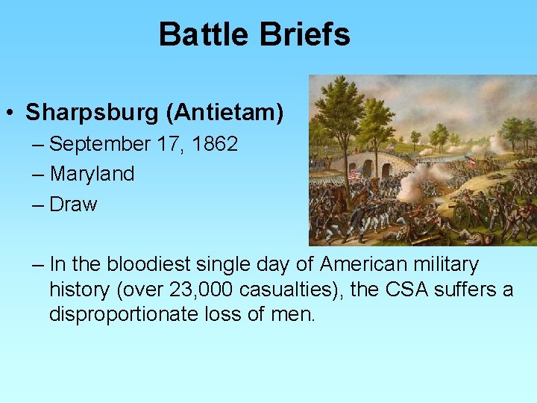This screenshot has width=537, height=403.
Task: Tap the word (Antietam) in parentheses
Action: point(224,113)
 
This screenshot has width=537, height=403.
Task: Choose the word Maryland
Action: point(92,174)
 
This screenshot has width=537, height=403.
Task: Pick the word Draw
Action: point(73,204)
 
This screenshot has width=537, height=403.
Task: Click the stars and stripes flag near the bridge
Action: point(355,172)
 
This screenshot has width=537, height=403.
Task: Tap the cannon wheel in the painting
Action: point(463,216)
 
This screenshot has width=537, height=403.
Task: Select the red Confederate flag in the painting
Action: point(471,161)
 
